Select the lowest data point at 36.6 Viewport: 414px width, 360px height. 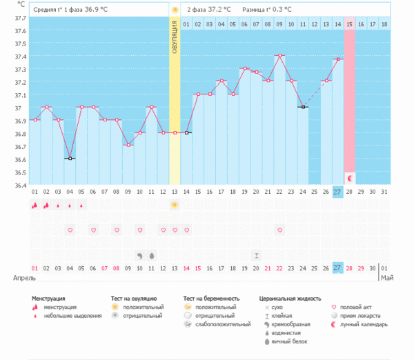[x=70, y=159]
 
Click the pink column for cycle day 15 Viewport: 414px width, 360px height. [x=350, y=103]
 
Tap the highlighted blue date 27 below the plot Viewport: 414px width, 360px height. [x=337, y=268]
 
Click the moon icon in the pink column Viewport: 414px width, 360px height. [x=350, y=179]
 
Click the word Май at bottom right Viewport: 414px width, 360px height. [x=388, y=278]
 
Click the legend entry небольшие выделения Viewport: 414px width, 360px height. [x=69, y=316]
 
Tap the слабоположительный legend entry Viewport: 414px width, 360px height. [x=223, y=324]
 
